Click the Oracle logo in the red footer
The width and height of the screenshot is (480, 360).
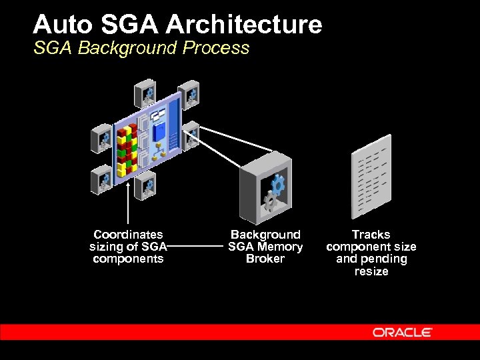pos(402,332)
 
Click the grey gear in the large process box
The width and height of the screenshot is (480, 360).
pos(269,201)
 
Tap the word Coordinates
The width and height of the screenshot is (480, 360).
pos(128,235)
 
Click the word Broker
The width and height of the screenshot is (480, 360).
pos(265,259)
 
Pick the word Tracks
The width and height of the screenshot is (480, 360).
pos(371,235)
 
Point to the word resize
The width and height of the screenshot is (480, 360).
pos(371,271)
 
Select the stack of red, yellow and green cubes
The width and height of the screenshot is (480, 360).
pos(127,150)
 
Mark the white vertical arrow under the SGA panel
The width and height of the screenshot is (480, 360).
pos(127,200)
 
